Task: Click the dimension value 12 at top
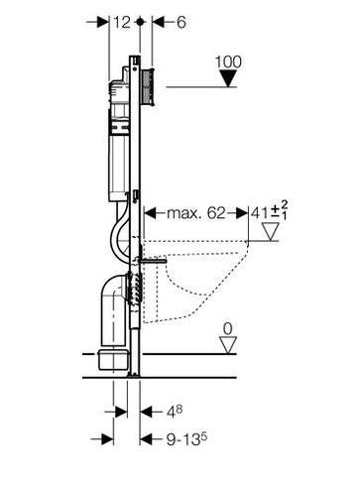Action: tap(122, 23)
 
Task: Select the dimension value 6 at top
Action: tap(181, 23)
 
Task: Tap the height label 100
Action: tap(228, 61)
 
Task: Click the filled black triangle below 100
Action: tap(228, 78)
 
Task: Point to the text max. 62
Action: tap(195, 213)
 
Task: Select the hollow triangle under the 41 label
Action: tap(271, 231)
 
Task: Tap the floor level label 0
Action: tap(228, 329)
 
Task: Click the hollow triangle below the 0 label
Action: tap(228, 345)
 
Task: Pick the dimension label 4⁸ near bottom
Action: tap(175, 412)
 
